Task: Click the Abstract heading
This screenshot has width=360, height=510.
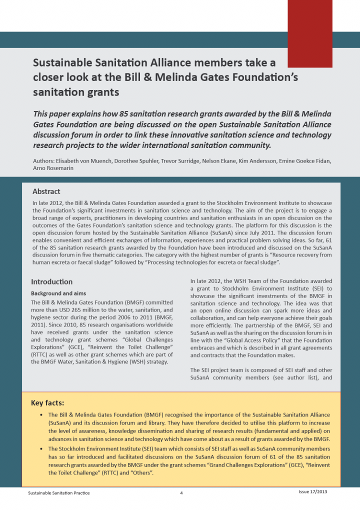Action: click(x=46, y=191)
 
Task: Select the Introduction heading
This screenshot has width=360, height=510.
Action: click(x=51, y=282)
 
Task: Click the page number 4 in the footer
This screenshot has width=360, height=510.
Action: click(x=181, y=493)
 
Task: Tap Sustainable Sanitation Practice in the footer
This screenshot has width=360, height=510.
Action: click(x=58, y=493)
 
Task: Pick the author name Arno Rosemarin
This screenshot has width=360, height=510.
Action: click(x=51, y=169)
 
